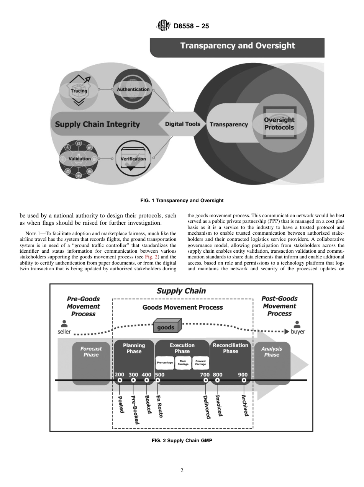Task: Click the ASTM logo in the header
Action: click(x=163, y=26)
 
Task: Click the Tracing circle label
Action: click(x=79, y=91)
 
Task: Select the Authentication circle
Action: click(x=133, y=90)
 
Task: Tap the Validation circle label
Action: click(x=79, y=159)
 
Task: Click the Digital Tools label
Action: click(x=182, y=124)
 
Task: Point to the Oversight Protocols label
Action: click(x=279, y=124)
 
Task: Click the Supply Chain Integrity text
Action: click(x=97, y=124)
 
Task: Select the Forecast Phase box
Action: click(x=91, y=363)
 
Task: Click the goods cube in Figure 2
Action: click(x=167, y=326)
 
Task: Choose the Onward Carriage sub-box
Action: click(x=200, y=362)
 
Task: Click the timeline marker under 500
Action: click(x=158, y=380)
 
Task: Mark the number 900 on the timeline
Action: click(x=243, y=374)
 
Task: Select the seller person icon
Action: click(x=64, y=324)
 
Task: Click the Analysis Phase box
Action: click(x=272, y=363)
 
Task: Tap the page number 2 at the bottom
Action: click(x=182, y=471)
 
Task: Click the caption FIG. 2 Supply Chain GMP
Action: click(x=182, y=441)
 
